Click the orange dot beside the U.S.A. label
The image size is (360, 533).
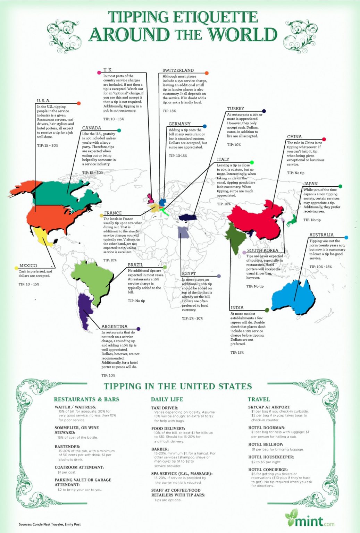point(79,103)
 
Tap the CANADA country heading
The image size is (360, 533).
point(92,128)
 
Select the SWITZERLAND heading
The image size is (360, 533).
point(178,70)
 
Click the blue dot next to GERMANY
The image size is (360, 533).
point(204,126)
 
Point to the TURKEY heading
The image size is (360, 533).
point(235,109)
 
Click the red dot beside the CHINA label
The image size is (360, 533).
point(324,139)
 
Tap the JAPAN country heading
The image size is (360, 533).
point(310,184)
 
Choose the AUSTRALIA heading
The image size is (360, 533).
point(321,235)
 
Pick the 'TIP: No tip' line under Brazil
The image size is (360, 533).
point(136,301)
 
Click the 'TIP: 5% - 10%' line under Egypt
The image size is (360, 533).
point(192,318)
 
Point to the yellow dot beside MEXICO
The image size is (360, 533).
point(16,268)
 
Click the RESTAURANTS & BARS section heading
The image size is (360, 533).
point(86,399)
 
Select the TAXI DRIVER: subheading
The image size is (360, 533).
point(165,408)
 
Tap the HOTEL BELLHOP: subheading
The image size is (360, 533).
point(266,445)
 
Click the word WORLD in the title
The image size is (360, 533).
point(242,35)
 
